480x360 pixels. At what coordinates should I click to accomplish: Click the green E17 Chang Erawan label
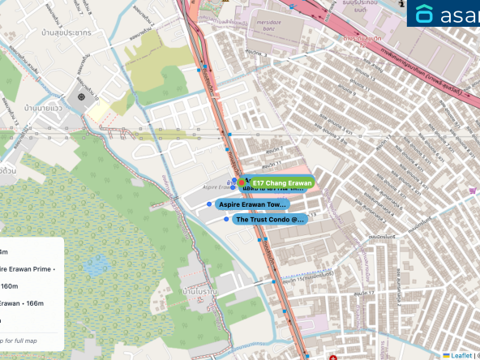click(x=281, y=183)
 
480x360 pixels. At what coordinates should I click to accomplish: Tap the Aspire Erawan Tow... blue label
click(x=252, y=205)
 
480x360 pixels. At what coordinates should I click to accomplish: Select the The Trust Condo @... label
click(x=270, y=220)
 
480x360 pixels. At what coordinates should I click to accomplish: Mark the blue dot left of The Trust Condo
click(x=225, y=219)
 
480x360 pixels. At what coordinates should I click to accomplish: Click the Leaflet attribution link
click(x=461, y=355)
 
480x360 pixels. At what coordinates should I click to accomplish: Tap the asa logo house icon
click(x=425, y=14)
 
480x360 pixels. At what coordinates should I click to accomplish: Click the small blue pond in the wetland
click(x=97, y=265)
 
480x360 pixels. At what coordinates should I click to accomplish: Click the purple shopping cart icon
click(x=472, y=190)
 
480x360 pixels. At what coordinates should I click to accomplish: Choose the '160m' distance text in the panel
click(x=10, y=285)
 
